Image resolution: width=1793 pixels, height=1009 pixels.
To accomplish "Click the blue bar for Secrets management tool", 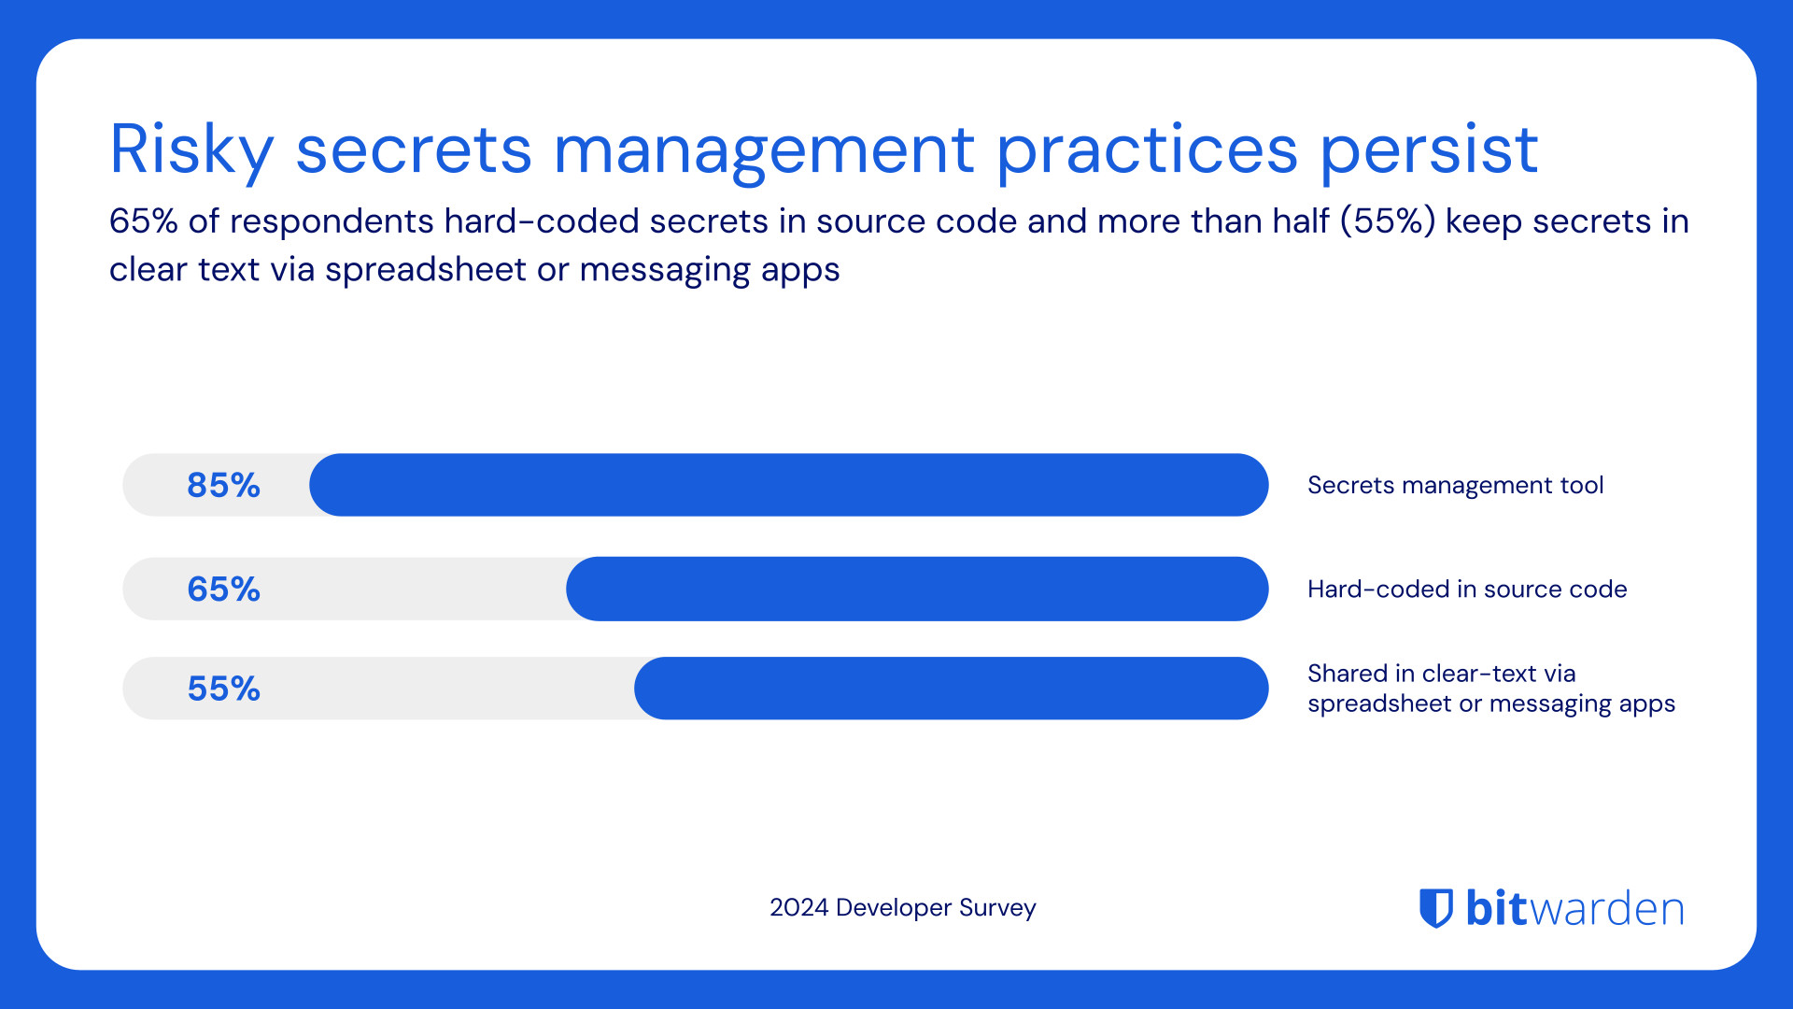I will click(789, 485).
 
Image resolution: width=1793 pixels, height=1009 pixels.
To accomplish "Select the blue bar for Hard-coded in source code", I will click(917, 589).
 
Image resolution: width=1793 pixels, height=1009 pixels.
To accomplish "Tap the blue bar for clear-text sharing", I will click(951, 689).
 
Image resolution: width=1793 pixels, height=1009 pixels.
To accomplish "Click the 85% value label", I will click(223, 485).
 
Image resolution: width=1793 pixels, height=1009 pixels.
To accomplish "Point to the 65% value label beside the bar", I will click(223, 589).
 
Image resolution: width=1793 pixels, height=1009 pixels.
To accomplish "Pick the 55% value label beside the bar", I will click(223, 689).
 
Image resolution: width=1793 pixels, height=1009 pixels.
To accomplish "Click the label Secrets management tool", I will click(1455, 485).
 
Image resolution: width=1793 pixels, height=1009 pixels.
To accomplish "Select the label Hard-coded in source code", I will click(1467, 589).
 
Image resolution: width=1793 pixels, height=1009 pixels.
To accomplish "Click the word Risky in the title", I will click(191, 149).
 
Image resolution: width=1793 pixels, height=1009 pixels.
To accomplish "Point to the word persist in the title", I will click(1429, 149).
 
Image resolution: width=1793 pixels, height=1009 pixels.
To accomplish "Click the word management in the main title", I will click(764, 149).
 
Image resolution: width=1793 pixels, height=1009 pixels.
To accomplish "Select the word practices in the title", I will click(1147, 149).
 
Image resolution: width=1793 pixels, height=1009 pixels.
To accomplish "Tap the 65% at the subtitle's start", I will click(143, 221).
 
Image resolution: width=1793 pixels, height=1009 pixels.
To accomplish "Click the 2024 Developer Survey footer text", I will click(902, 907).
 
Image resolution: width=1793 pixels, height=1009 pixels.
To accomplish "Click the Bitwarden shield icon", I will click(1436, 907).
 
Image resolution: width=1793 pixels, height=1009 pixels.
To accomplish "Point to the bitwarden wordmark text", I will click(1574, 907).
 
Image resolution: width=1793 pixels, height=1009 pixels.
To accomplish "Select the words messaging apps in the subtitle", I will click(709, 270).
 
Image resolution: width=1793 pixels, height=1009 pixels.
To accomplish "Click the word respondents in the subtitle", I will click(332, 221).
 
